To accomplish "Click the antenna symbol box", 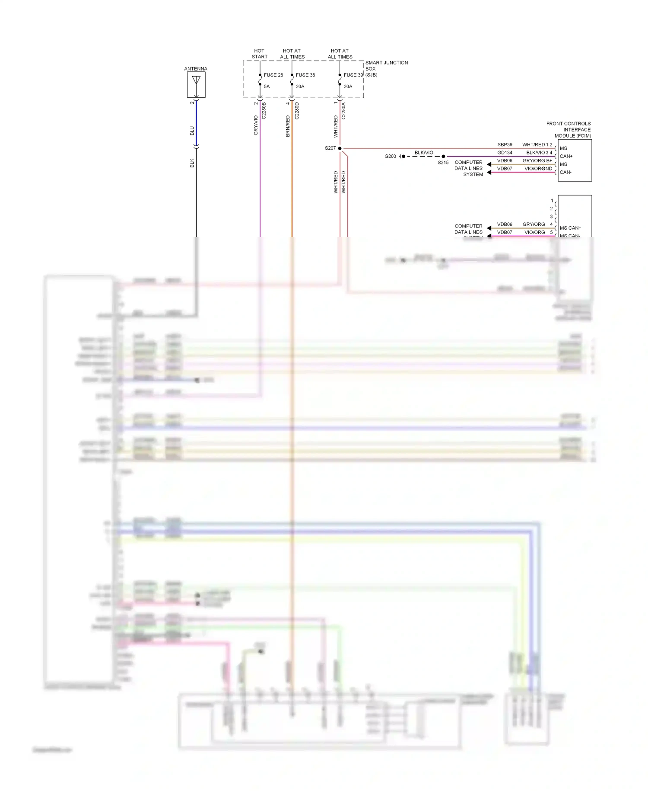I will click(196, 84).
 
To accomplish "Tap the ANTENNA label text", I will click(196, 69).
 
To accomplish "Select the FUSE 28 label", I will click(273, 75).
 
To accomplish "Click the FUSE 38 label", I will click(305, 75).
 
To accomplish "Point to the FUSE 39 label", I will click(353, 75).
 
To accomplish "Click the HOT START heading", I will click(259, 54).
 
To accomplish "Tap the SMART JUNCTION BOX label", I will click(386, 68).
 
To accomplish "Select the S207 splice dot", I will click(340, 148).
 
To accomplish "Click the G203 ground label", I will click(390, 157).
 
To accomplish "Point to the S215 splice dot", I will click(443, 156).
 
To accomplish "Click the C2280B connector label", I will click(264, 111).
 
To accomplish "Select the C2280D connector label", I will click(297, 111).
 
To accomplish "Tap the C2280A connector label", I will click(344, 111).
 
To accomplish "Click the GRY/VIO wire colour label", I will click(256, 125).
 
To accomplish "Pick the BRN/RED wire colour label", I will click(288, 126).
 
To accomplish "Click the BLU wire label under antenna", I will click(192, 131).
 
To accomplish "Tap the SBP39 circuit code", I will click(505, 145).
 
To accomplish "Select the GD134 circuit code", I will click(505, 153).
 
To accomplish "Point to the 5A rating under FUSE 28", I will click(267, 86).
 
